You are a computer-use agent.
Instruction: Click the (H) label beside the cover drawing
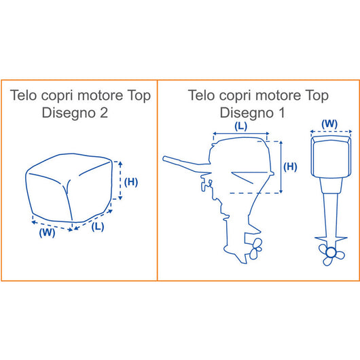coord(133,181)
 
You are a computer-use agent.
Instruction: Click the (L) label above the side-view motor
coord(240,126)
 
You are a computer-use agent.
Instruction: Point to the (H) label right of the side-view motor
coord(289,166)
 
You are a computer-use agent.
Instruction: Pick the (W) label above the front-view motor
coord(329,124)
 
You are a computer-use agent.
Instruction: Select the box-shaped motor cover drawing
coord(71,190)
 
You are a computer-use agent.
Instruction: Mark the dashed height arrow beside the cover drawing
coord(120,181)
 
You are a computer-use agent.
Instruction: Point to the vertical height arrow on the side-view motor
coord(280,166)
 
